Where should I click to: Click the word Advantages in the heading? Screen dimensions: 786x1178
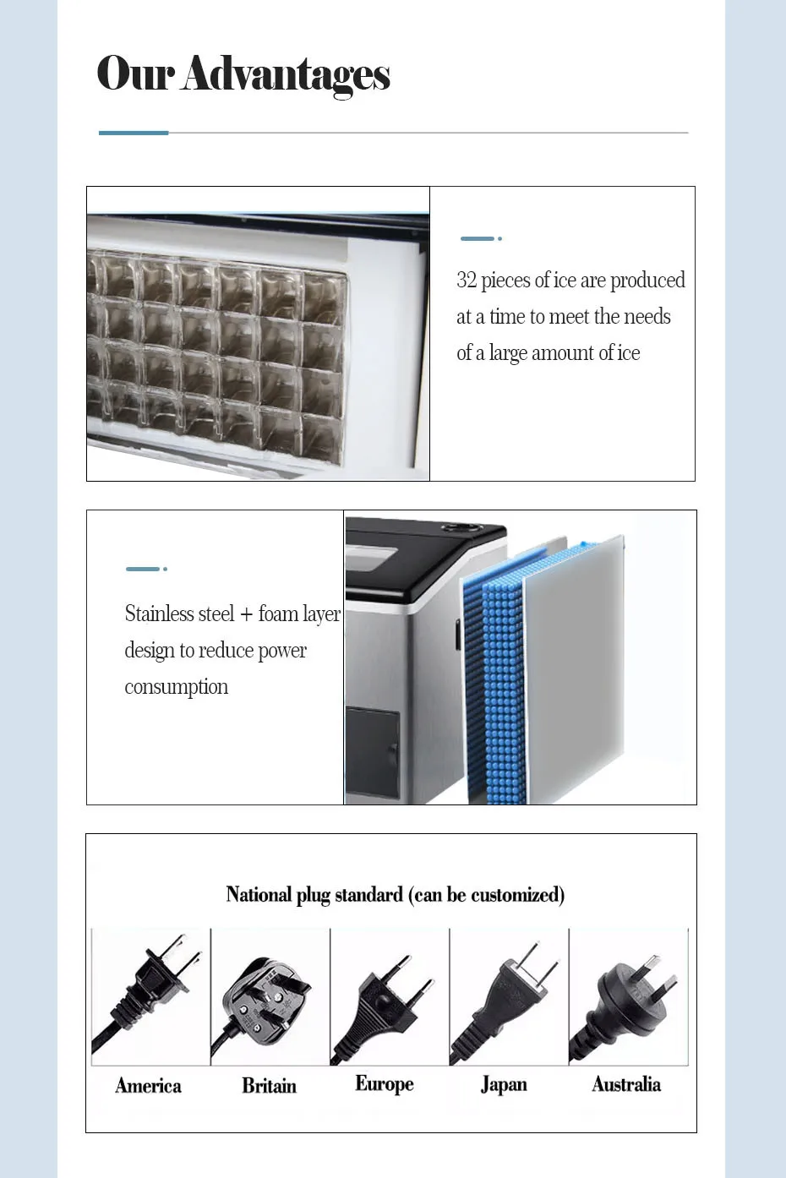coord(285,74)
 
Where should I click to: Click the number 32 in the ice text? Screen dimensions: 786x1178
coord(467,281)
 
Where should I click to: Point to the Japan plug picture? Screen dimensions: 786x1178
coord(506,997)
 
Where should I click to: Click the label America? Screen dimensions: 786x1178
coord(148,1086)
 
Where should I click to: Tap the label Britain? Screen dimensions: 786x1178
coord(269,1086)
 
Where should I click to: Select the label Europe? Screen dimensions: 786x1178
coord(385,1084)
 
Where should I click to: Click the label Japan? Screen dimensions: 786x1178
coord(504,1084)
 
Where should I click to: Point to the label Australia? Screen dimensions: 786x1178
coord(626,1084)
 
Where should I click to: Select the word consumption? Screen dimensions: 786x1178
coord(176,687)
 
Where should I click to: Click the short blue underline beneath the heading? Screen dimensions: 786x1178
coord(134,133)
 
